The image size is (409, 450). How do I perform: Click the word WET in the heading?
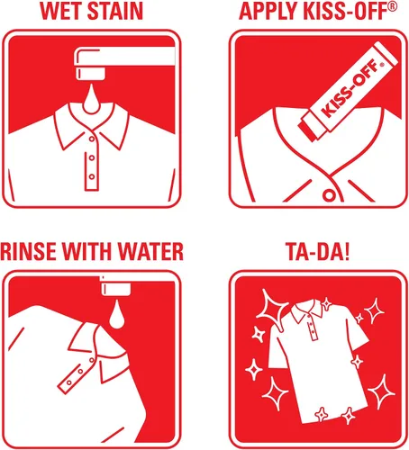tap(60, 12)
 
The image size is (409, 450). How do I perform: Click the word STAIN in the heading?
tap(115, 12)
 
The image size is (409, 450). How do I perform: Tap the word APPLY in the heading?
tap(268, 12)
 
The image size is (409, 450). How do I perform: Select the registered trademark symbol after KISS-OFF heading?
tap(392, 7)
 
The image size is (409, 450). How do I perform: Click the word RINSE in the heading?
tap(29, 251)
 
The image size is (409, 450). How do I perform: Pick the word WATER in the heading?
tap(150, 251)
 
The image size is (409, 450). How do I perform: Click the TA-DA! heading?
tap(318, 251)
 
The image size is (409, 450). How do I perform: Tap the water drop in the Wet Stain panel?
tap(91, 100)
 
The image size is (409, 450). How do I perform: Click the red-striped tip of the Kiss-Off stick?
tap(313, 128)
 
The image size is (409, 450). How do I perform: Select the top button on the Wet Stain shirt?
tap(92, 139)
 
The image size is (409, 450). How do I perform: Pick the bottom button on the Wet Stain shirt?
tap(92, 176)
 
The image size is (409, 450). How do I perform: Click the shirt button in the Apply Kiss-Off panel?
tap(329, 195)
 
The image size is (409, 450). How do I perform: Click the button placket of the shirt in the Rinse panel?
tap(77, 373)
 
